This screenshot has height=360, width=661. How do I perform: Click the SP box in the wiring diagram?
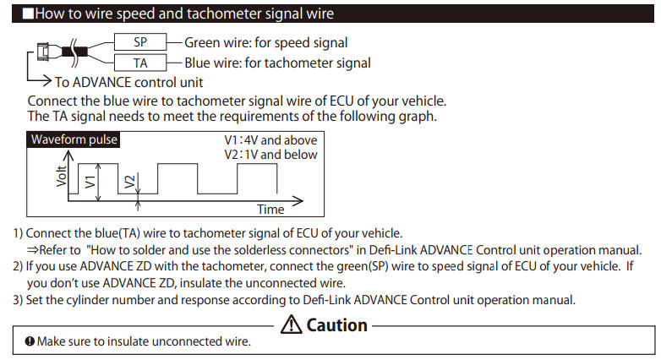pos(140,42)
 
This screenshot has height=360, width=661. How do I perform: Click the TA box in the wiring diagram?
pos(140,63)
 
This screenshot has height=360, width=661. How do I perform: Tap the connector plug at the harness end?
pos(42,52)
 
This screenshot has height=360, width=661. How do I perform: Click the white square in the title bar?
pos(28,14)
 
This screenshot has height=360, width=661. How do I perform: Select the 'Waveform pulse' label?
pos(74,139)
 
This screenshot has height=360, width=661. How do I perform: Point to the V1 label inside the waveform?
pos(90,182)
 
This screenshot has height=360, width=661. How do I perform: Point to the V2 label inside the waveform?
pos(130,182)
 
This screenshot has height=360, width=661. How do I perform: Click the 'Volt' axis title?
pos(62,176)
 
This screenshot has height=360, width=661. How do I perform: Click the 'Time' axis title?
pos(270,209)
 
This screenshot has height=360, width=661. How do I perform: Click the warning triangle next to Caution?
pos(292,325)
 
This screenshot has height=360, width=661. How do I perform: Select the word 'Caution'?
pos(336,325)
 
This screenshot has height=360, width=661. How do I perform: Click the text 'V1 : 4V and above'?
pos(270,140)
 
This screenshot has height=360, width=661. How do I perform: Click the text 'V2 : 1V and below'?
pos(270,155)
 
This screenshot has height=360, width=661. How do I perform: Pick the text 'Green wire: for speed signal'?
pos(266,42)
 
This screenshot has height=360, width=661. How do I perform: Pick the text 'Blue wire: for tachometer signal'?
pos(277,63)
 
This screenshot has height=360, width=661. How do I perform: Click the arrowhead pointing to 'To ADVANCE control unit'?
pos(46,80)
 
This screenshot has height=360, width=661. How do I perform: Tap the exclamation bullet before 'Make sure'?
pos(30,341)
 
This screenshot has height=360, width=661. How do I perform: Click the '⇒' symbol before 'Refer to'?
pos(33,250)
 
